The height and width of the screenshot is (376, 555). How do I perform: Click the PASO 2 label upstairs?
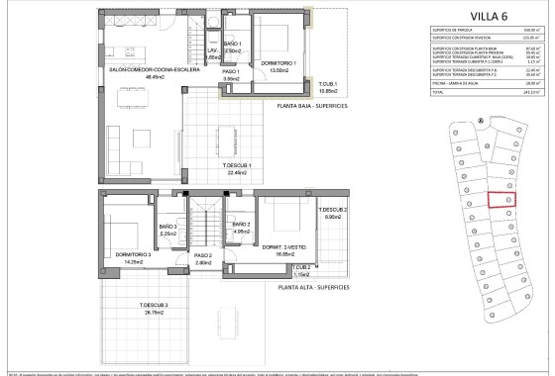pyautogui.click(x=204, y=256)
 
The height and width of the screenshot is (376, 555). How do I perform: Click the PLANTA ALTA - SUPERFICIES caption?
pyautogui.click(x=314, y=287)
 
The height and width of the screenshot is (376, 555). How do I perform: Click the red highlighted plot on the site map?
pyautogui.click(x=501, y=199)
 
